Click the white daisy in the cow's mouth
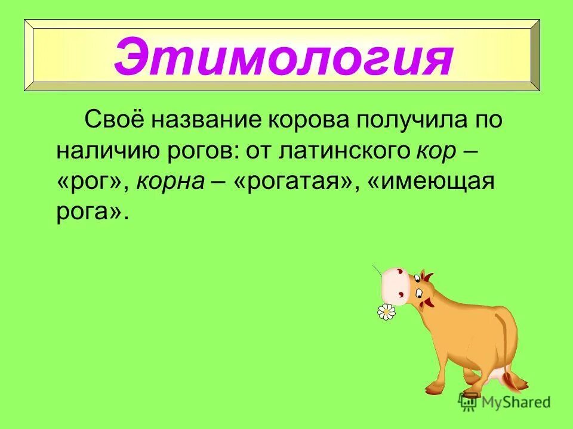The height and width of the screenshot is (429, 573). point(387,311)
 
